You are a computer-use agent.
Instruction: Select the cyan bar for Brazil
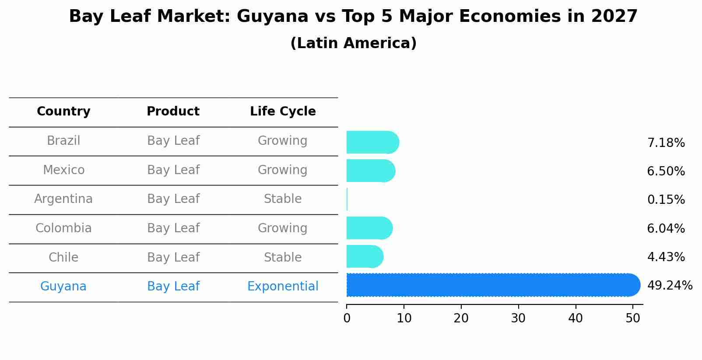(x=372, y=142)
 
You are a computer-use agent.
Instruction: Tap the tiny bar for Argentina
(x=347, y=199)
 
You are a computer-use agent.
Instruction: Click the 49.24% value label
(x=670, y=286)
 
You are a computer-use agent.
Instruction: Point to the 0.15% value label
(x=666, y=200)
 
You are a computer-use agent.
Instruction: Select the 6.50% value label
(x=666, y=171)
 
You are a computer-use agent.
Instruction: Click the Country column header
(x=63, y=112)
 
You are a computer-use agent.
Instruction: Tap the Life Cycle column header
(x=283, y=112)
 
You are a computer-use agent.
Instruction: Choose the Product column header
(x=173, y=112)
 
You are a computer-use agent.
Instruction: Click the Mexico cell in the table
(x=63, y=170)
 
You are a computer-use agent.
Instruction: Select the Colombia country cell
(x=63, y=228)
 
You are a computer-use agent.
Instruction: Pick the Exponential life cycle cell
(x=283, y=287)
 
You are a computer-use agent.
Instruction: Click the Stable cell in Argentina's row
(x=283, y=199)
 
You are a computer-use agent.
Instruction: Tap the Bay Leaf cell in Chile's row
(x=173, y=257)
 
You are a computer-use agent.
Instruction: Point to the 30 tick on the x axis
(x=518, y=318)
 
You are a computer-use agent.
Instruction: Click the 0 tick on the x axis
(x=347, y=318)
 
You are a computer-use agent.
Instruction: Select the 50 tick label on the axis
(x=632, y=318)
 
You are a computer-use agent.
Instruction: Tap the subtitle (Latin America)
(x=353, y=43)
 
